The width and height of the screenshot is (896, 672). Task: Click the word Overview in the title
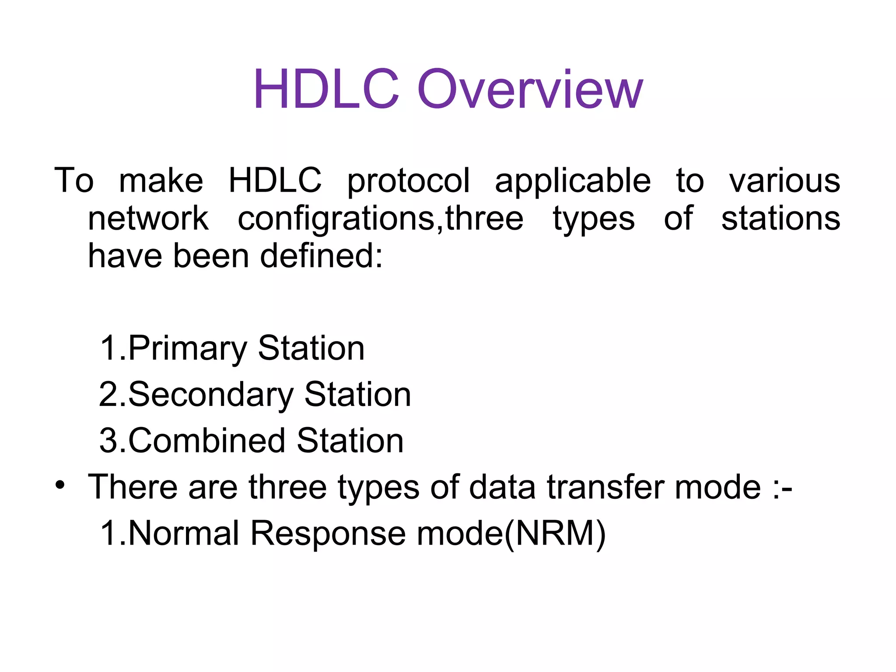530,90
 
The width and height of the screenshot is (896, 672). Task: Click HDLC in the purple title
326,90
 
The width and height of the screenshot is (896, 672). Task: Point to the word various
784,180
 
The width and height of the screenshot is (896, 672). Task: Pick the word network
148,218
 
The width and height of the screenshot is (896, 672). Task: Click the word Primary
188,349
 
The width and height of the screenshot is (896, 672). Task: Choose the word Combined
207,441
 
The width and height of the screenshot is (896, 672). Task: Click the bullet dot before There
60,485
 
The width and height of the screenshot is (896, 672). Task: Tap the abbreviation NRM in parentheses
555,533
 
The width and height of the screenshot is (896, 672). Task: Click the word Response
328,534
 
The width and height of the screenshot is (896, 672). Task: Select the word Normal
184,533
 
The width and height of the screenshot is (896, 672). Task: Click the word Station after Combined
350,441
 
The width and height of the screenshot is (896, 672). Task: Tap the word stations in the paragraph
780,218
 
